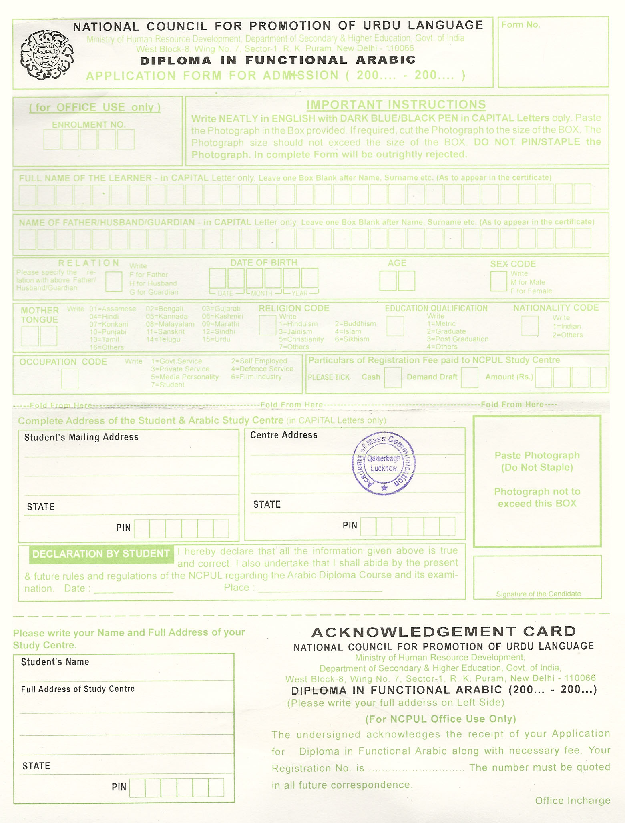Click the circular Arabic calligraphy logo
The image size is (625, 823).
[x=47, y=55]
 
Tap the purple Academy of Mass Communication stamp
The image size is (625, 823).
[x=384, y=463]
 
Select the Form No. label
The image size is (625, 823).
[x=520, y=25]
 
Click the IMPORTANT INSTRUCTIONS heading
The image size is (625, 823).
[x=396, y=105]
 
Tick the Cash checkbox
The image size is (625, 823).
[x=392, y=377]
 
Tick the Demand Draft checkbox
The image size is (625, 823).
[x=469, y=377]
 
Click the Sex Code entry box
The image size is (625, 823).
[x=498, y=281]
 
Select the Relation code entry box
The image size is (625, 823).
[x=113, y=281]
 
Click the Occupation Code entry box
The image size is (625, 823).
[x=70, y=379]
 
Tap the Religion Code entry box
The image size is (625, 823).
[x=267, y=325]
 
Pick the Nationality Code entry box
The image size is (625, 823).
[x=530, y=326]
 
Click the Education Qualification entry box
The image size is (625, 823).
[x=395, y=326]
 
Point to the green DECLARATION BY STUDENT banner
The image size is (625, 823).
[x=101, y=554]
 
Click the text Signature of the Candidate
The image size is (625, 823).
[x=538, y=594]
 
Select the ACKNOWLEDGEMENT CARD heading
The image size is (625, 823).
[x=444, y=632]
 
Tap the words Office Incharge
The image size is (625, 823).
[x=573, y=800]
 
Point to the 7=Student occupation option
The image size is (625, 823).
[x=167, y=385]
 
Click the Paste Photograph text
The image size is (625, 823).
[x=537, y=456]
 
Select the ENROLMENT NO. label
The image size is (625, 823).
[x=89, y=125]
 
